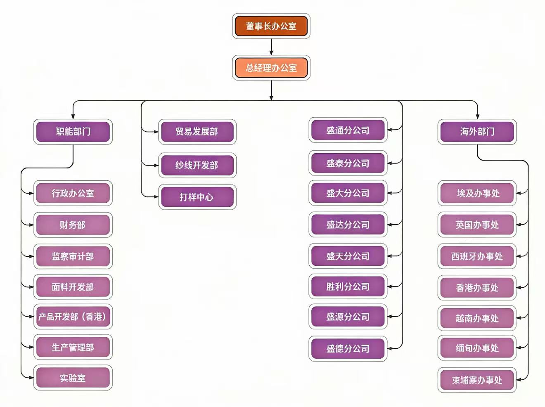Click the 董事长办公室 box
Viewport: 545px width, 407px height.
point(271,26)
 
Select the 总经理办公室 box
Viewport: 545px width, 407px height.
point(271,68)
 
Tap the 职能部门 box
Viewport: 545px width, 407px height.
point(73,132)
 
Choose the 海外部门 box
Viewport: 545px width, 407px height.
point(477,132)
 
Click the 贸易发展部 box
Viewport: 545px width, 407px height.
point(197,132)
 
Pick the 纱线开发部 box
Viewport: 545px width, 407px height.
point(197,165)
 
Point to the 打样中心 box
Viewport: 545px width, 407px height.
point(197,197)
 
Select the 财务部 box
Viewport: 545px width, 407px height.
point(73,225)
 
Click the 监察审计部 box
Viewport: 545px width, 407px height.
point(73,256)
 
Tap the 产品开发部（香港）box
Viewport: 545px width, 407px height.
point(73,317)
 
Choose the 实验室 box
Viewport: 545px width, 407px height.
point(73,378)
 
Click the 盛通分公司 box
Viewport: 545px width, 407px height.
point(348,130)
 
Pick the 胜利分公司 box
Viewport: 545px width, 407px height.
point(348,286)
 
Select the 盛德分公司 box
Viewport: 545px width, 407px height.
point(348,349)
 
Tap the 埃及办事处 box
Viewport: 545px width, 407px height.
point(477,193)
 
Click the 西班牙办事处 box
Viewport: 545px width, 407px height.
point(477,256)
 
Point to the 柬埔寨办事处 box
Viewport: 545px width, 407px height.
point(477,380)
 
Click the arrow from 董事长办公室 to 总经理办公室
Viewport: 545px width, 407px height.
point(271,47)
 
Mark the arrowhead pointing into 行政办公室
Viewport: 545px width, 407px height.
point(31,193)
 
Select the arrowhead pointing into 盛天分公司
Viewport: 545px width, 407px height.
point(389,256)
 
